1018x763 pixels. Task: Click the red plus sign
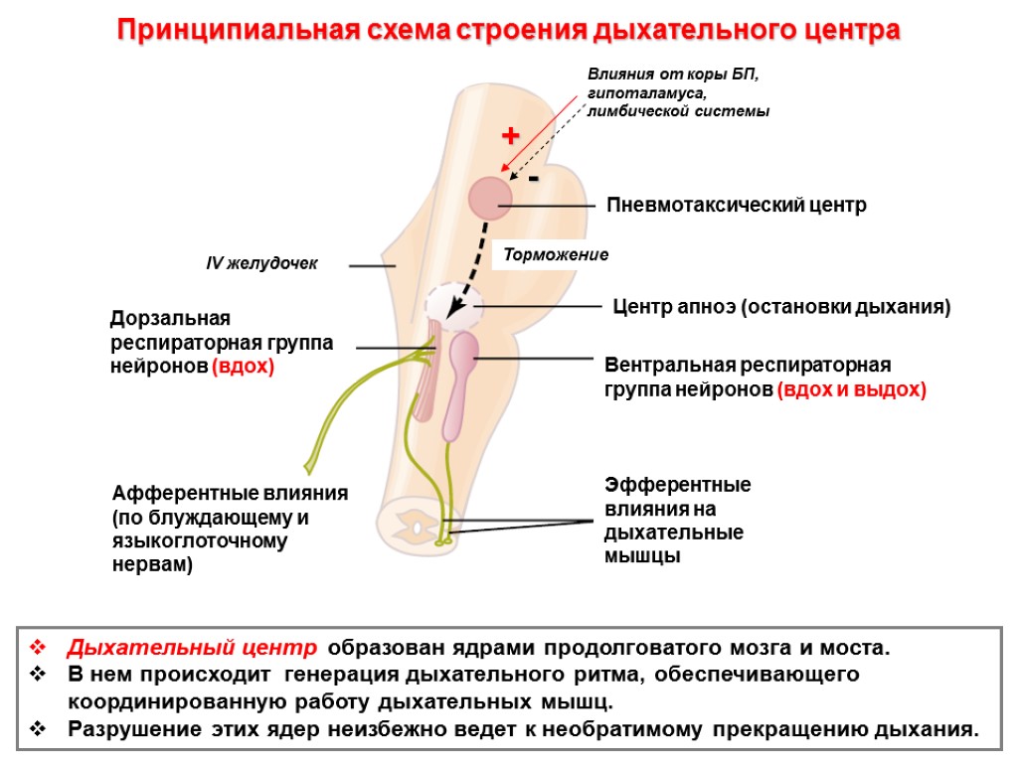coord(510,135)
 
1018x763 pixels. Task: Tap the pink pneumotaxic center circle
coord(490,197)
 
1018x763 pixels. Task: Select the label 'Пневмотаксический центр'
coord(737,206)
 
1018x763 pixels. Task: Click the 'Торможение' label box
coord(556,255)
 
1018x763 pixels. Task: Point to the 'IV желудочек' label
coord(261,264)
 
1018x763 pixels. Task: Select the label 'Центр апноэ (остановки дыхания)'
coord(782,307)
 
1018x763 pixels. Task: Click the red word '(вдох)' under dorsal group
coord(243,367)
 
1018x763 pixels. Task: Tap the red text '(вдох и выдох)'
coord(851,390)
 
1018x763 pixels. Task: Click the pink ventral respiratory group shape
coord(460,382)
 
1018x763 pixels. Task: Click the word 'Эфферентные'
coord(678,486)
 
